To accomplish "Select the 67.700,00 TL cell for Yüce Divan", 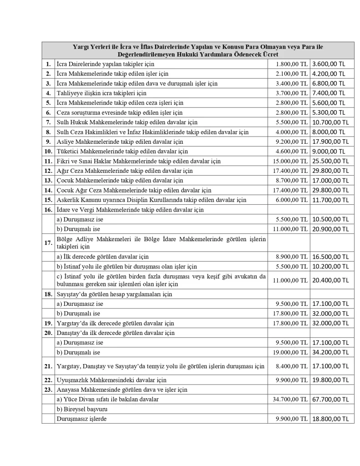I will tap(330, 399).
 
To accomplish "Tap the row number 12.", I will tap(48, 171).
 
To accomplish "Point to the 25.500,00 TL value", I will tap(330, 161).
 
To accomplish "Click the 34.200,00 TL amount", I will tap(330, 352).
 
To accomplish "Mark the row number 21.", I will tap(48, 366).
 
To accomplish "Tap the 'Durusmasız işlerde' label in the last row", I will tap(81, 418).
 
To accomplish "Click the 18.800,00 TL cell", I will tap(330, 419).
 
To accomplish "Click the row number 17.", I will tap(48, 243).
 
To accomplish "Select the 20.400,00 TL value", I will tap(330, 280).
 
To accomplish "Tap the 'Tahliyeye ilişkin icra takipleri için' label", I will tap(101, 93).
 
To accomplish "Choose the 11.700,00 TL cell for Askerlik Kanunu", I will tap(330, 200).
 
